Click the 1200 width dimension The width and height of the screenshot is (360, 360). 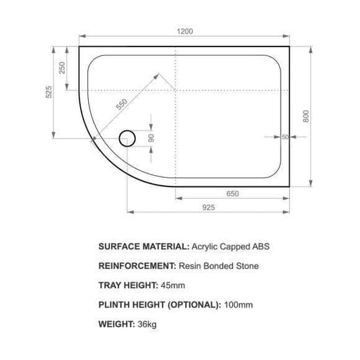(x=186, y=31)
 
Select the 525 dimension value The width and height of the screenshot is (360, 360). (x=48, y=93)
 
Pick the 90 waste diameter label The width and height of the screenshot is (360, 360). (x=152, y=138)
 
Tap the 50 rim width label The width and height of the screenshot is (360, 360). (x=285, y=137)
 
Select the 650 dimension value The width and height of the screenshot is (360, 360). (x=232, y=194)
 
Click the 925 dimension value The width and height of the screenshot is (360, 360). (x=208, y=208)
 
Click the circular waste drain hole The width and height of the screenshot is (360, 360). (x=127, y=139)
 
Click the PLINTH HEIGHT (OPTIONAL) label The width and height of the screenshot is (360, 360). (x=159, y=304)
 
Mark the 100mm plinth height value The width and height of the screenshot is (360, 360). (x=239, y=304)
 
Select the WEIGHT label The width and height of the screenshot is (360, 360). (x=118, y=324)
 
